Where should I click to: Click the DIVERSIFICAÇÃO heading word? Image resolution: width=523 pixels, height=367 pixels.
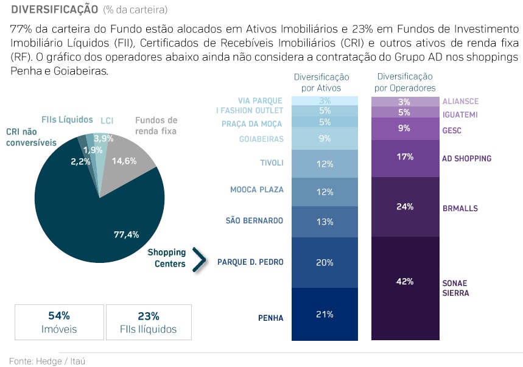pos(54,9)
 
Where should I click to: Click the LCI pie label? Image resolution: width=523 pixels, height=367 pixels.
pos(107,121)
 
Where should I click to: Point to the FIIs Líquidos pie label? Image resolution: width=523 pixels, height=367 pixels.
pos(67,119)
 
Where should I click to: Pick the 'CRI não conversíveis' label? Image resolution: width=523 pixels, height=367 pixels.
pos(31,137)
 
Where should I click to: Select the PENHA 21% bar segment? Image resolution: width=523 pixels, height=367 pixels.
pos(325,315)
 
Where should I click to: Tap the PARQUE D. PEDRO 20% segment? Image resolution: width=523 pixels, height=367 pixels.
pos(325,262)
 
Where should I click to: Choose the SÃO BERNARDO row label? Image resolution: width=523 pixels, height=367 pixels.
pos(254,220)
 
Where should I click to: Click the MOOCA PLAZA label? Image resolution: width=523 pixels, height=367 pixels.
pos(257,189)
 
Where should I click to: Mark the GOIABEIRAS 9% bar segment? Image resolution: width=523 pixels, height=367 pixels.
pos(325,139)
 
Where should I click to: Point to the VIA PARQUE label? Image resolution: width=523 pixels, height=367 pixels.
pos(261,100)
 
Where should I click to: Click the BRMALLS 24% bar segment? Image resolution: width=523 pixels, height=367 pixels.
pos(405,207)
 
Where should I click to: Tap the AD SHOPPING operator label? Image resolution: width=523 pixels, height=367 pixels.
pos(466,158)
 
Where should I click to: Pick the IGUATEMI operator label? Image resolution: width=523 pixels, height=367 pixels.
pos(460,114)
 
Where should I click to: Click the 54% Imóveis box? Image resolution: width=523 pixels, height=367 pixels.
pos(58,323)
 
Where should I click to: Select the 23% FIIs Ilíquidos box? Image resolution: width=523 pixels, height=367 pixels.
pos(149,323)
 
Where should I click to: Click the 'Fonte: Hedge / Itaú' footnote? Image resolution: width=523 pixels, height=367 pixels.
pos(47,361)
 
